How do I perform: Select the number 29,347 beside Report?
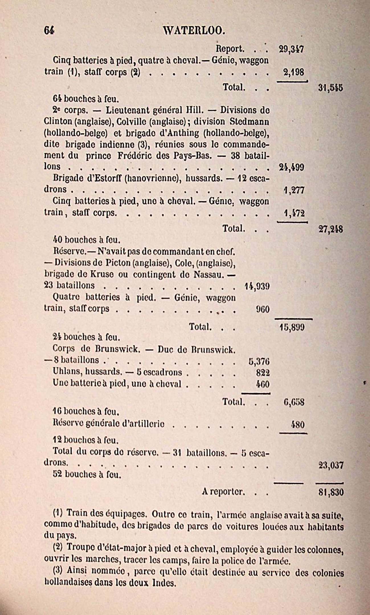291,50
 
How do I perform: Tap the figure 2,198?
294,72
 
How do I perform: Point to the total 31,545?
330,88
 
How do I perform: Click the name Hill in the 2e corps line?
193,110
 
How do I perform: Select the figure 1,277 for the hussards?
294,190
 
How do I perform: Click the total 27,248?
330,230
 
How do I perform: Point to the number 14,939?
257,286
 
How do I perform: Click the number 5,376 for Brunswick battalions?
259,361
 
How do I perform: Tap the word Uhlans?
64,372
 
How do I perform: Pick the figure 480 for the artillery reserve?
297,425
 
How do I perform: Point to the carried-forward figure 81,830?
331,492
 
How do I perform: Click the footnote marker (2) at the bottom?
57,547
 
